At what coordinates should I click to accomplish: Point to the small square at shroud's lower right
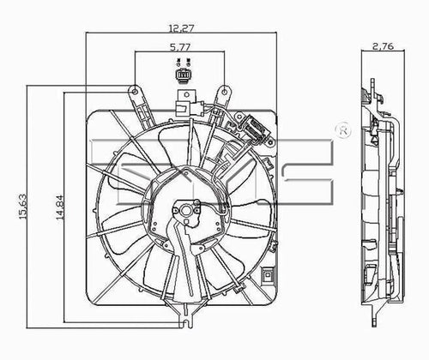coord(269,276)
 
